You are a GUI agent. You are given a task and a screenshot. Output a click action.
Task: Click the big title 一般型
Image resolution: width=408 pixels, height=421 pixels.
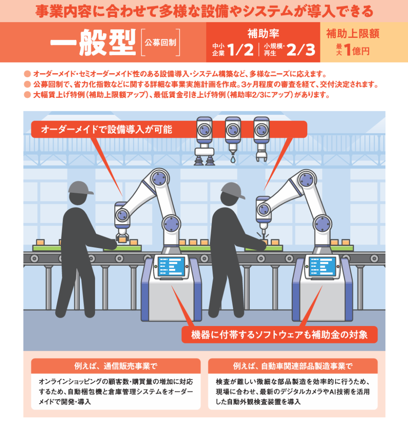point(93,42)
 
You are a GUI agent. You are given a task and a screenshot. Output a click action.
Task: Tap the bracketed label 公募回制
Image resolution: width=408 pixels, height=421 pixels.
point(160,42)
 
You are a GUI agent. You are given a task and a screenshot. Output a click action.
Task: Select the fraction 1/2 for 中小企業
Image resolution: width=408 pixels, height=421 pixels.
point(240,50)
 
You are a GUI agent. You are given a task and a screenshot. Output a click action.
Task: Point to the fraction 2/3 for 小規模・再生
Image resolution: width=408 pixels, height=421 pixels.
point(301,50)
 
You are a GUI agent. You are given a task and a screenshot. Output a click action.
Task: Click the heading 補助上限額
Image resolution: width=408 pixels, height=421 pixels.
point(352,34)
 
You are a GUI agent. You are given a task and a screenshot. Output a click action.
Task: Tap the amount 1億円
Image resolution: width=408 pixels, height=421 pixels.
point(357,50)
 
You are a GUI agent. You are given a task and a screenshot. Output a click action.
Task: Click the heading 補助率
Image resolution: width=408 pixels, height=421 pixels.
point(263,34)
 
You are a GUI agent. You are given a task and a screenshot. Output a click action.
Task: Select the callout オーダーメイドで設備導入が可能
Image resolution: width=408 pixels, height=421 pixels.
point(107,130)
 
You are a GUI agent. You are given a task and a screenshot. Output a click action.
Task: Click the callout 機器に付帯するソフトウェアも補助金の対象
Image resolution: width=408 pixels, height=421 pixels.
point(279,335)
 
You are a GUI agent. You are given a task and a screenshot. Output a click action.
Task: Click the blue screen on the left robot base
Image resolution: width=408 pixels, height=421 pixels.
point(172,266)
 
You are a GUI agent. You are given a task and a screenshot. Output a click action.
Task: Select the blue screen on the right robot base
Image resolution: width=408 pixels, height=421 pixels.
point(322,266)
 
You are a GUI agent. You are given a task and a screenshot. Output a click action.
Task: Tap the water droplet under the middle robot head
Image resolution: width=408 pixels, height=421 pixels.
point(233,160)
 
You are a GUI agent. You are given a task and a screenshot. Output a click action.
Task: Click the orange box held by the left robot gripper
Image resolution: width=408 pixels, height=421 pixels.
point(123,240)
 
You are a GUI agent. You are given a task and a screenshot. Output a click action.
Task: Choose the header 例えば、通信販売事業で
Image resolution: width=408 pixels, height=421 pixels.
point(116,365)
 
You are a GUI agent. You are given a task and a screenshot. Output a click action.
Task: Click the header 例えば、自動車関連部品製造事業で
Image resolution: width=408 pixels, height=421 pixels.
point(292,365)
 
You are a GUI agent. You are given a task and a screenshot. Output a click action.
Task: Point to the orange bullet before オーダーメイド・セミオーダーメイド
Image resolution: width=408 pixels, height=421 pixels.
point(28,74)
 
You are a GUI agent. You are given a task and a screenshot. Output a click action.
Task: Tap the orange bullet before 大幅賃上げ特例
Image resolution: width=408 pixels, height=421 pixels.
point(28,95)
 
